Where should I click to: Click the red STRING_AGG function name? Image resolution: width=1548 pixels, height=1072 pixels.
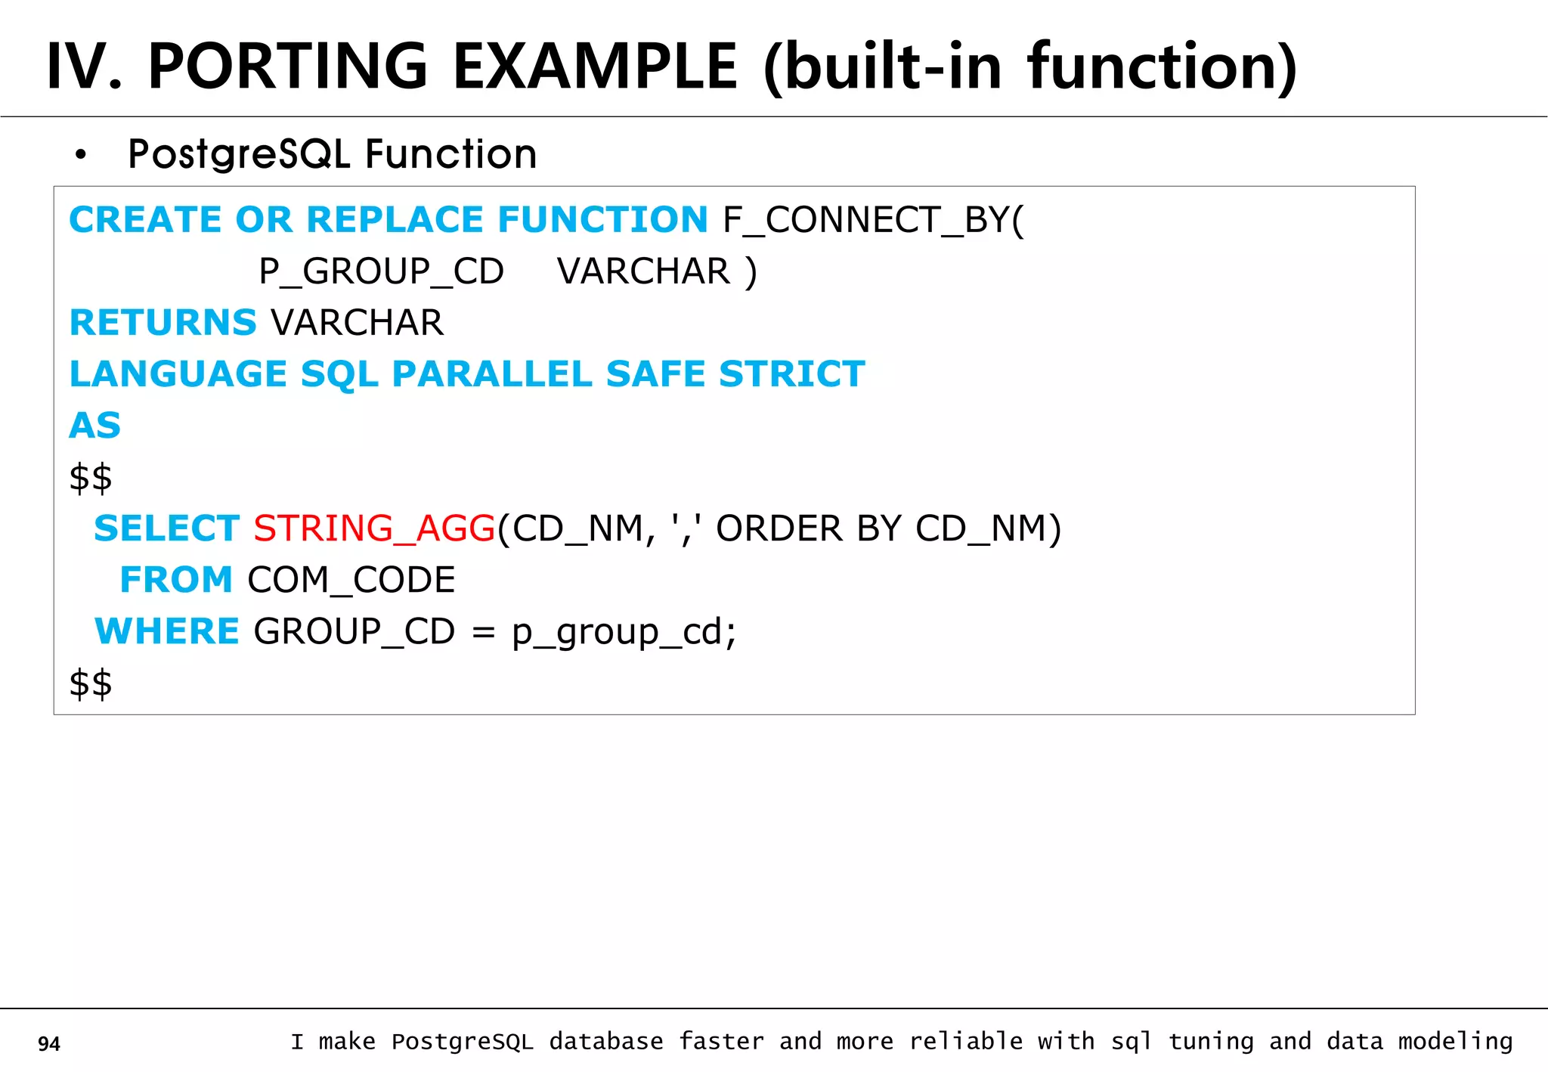point(374,528)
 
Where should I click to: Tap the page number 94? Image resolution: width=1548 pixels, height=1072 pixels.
point(49,1044)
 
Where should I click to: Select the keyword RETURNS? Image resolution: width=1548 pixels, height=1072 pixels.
point(163,323)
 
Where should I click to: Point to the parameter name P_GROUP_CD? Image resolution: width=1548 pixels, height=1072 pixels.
point(381,271)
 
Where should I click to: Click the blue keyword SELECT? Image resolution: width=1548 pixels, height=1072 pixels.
point(166,528)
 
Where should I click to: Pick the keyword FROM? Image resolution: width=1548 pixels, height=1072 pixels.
point(176,580)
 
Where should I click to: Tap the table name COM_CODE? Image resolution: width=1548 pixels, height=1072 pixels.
point(351,581)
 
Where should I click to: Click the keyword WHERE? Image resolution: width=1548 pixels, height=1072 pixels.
point(167,631)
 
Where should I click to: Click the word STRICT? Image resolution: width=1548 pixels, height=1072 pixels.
point(791,374)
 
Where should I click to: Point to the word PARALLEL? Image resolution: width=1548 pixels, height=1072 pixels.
point(491,374)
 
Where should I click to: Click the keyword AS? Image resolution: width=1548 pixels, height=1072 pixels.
point(95,426)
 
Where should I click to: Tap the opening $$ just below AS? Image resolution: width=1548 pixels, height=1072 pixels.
point(91,478)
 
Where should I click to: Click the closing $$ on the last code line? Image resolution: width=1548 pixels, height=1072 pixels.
point(91,683)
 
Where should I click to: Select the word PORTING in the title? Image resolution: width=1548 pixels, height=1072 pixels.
point(288,67)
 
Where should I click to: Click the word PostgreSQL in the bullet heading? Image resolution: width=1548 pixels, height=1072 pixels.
point(239,155)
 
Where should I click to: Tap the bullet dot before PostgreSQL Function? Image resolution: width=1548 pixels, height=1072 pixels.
point(81,156)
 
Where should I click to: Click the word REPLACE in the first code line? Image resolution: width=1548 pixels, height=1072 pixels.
point(395,220)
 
